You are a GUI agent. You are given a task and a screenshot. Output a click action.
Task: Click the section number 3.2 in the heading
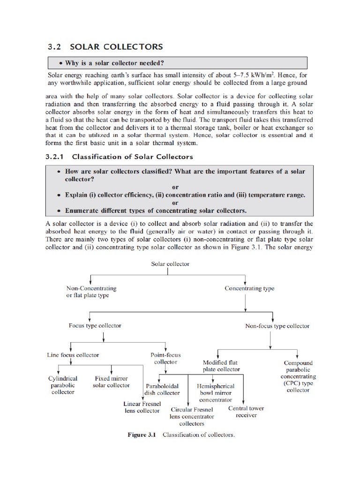55,47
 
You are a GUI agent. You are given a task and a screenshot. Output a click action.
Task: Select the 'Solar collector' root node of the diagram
170,264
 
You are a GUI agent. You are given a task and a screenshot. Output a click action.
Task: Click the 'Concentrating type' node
249,288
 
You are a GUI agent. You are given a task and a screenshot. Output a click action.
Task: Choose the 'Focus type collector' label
95,325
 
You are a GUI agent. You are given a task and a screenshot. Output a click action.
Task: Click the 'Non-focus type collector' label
277,326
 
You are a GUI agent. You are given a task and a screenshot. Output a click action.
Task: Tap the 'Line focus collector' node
73,355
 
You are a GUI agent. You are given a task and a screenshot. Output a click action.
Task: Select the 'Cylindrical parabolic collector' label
63,385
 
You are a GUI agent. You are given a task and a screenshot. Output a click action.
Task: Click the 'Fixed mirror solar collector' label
112,382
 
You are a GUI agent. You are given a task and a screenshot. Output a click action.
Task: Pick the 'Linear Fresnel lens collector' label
142,407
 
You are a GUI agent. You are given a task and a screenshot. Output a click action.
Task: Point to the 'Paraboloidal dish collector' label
162,390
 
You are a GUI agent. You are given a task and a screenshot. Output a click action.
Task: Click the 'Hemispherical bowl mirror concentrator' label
216,393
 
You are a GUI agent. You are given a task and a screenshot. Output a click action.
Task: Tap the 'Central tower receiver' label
246,412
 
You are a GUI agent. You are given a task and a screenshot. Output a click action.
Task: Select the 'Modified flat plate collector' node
221,366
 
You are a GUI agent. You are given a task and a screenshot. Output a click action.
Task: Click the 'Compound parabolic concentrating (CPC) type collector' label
298,376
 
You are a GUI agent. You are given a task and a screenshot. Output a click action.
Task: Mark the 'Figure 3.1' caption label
142,435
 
